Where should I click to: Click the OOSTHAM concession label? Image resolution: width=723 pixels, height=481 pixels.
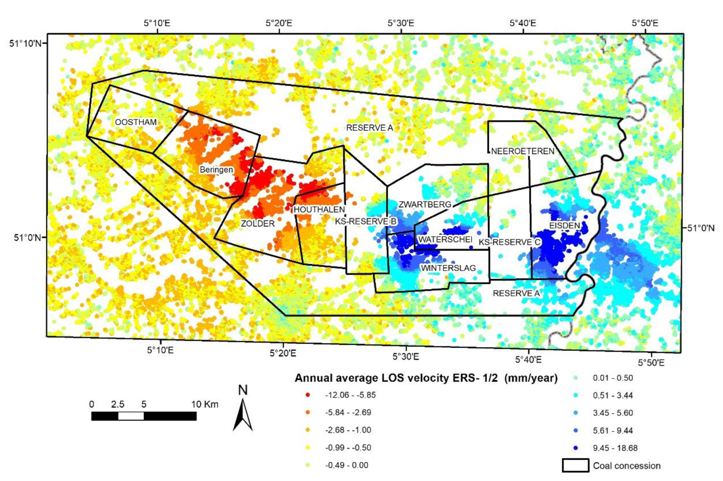click(136, 122)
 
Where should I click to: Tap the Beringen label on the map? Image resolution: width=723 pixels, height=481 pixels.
click(216, 170)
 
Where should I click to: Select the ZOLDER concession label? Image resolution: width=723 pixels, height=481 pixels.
click(258, 224)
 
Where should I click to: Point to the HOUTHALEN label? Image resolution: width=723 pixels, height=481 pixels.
click(319, 209)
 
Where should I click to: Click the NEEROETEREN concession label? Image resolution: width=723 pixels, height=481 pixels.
click(523, 151)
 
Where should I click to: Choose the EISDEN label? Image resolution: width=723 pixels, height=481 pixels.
click(564, 226)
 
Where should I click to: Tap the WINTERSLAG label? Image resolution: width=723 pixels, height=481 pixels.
click(448, 268)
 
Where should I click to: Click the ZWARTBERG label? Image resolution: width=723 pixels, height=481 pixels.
click(425, 204)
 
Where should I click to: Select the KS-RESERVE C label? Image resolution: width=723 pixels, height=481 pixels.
click(509, 242)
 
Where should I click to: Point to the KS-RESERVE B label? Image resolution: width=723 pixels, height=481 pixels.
click(365, 221)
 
